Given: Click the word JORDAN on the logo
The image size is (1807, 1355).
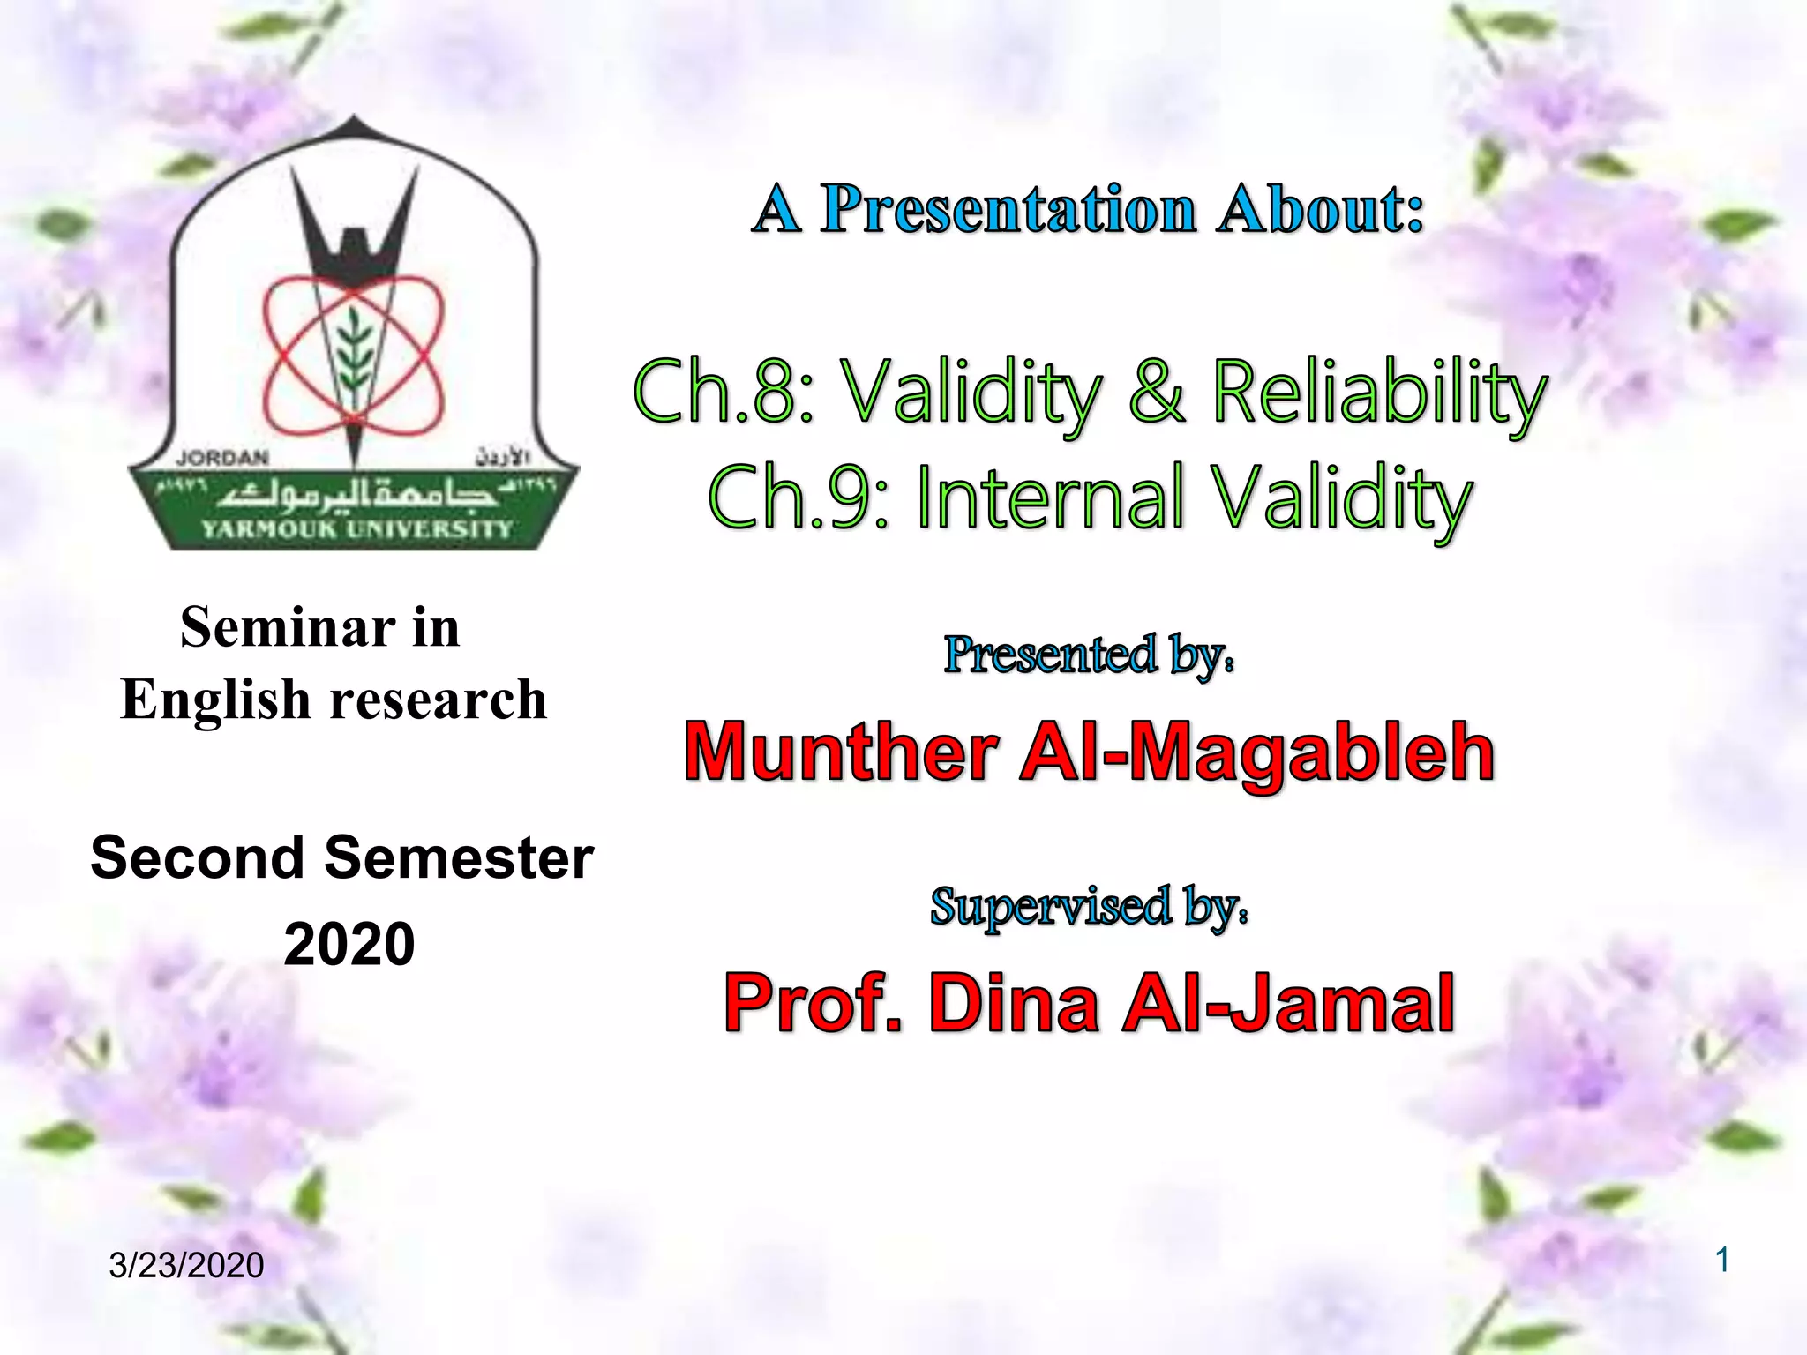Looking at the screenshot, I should coord(221,458).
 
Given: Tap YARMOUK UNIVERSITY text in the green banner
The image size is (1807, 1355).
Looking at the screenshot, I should coord(356,529).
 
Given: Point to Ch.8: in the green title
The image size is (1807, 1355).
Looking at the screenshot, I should coord(724,392).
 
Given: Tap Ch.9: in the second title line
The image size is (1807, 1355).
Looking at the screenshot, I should coord(799,498).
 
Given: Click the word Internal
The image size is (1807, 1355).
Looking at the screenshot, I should coord(1050,498).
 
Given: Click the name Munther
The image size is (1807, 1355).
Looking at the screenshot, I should coord(841,752).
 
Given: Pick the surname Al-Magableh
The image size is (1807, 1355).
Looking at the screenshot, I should coord(1257,752).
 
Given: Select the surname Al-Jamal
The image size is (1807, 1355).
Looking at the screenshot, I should coord(1288,1004).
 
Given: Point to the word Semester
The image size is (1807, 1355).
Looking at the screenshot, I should coord(459,858).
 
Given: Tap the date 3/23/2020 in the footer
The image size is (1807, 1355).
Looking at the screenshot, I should coord(186,1265).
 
